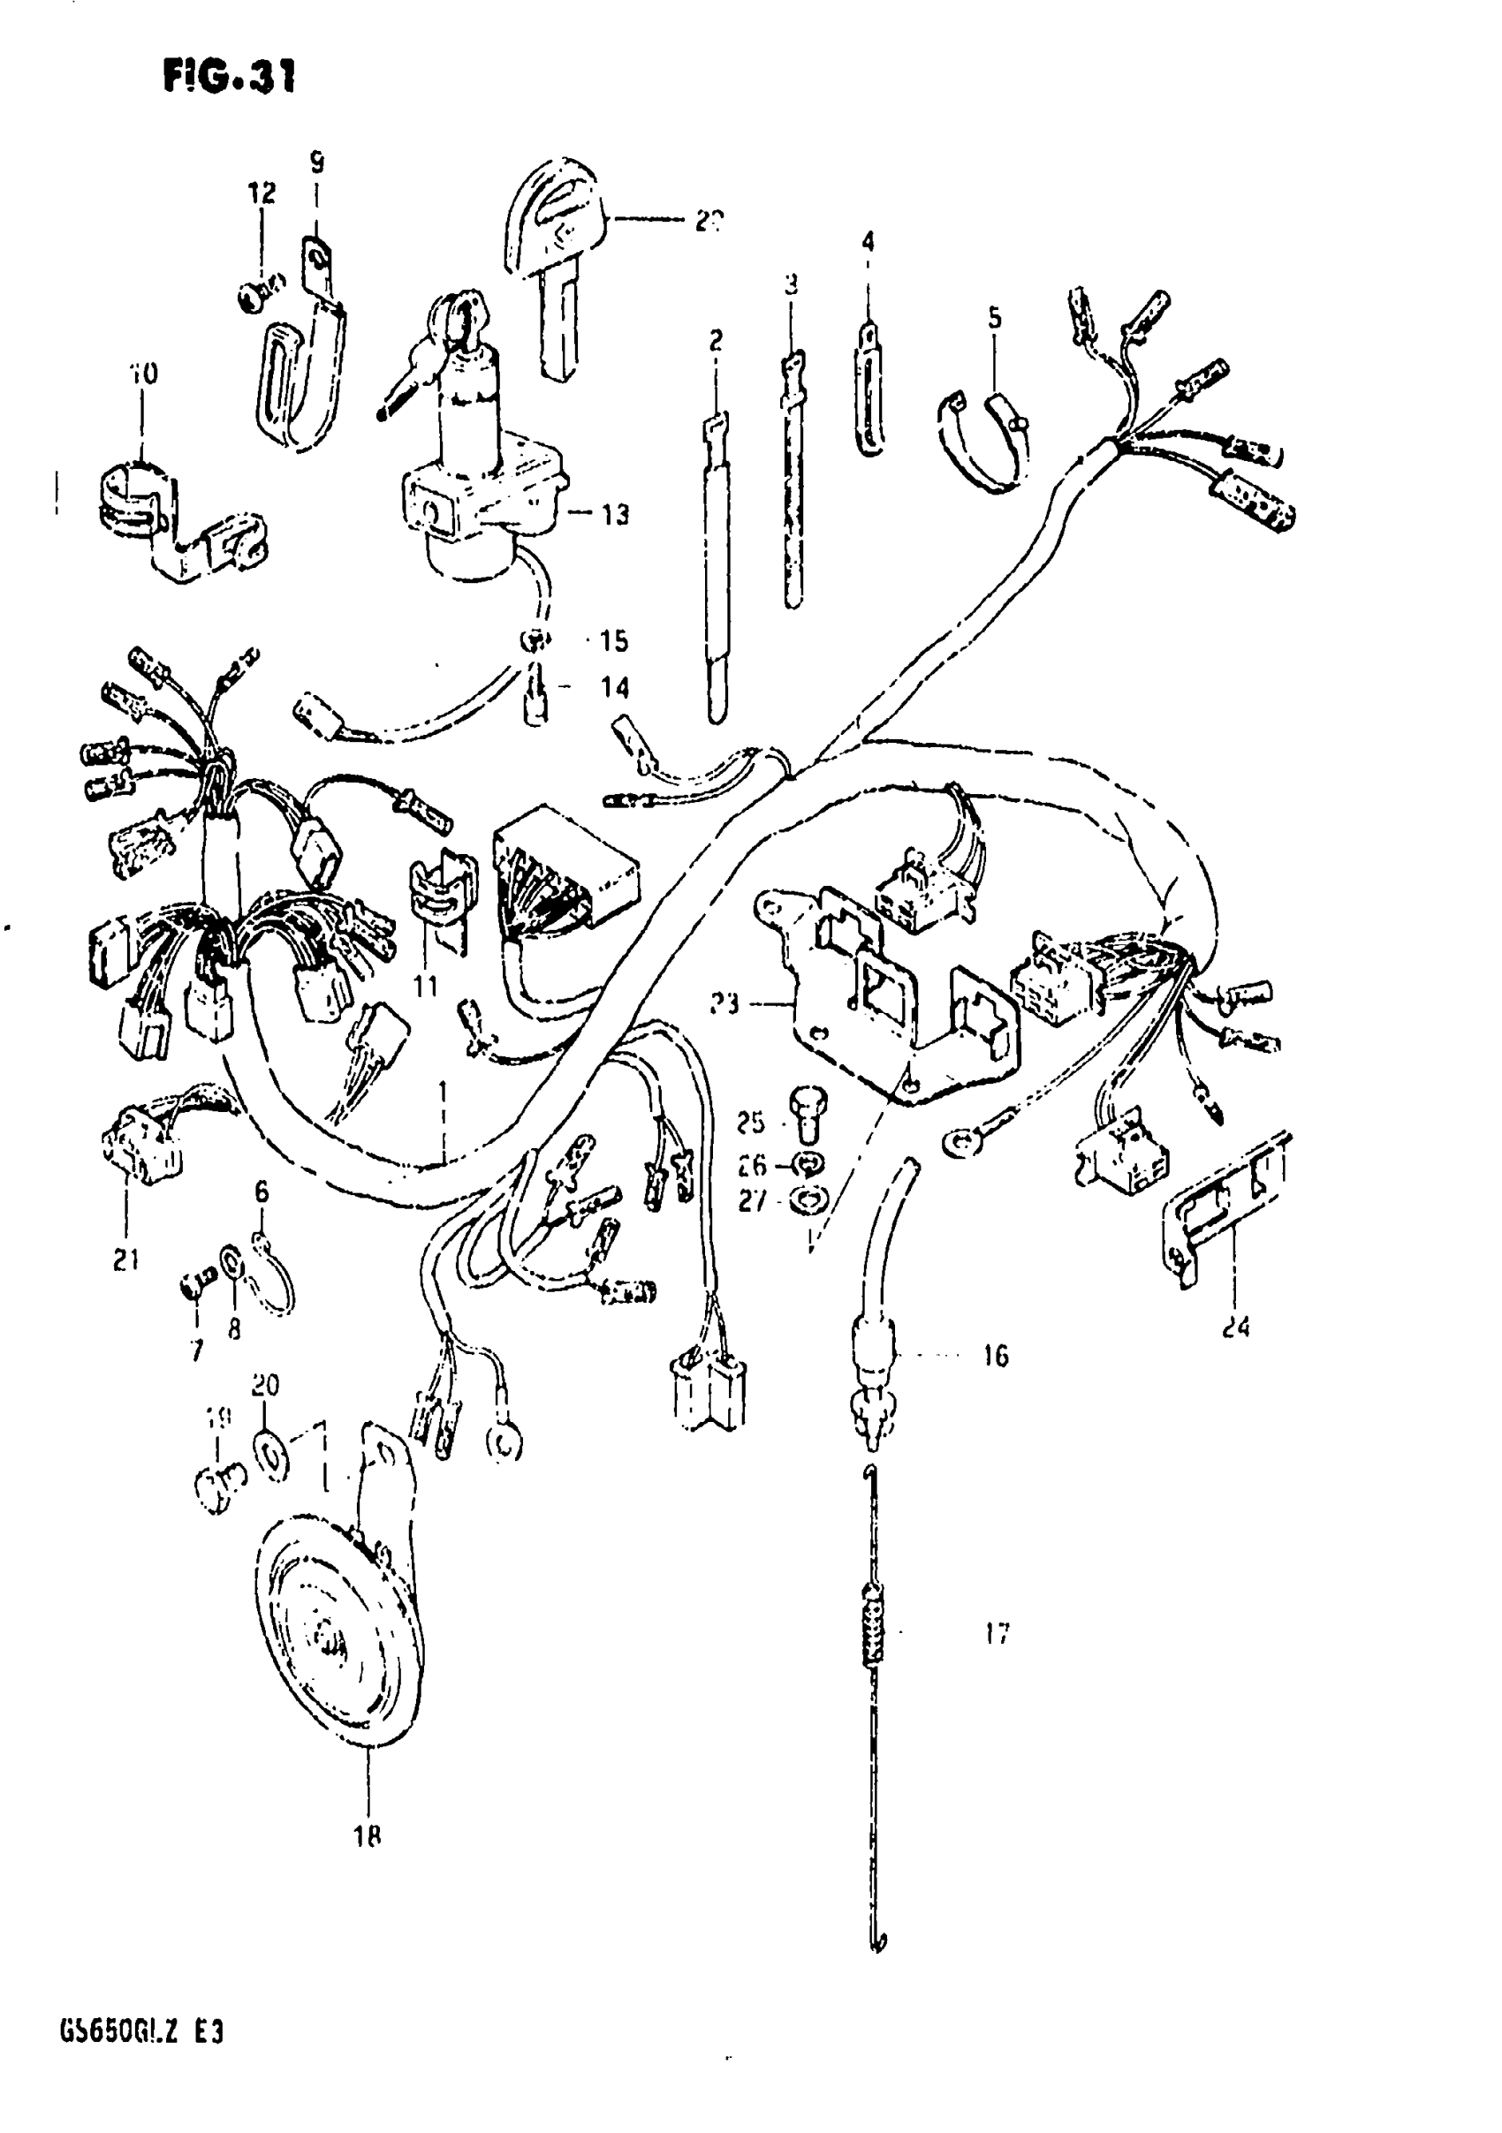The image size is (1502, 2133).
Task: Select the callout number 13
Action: click(614, 515)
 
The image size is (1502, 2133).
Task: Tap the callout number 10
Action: click(143, 374)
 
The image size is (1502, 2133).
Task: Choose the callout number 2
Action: click(715, 341)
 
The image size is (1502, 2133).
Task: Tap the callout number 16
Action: click(996, 1358)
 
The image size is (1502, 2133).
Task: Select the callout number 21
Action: click(126, 1259)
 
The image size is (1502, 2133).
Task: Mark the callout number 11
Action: click(426, 986)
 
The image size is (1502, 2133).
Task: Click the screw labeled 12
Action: click(254, 299)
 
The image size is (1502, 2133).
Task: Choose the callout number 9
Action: click(317, 164)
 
